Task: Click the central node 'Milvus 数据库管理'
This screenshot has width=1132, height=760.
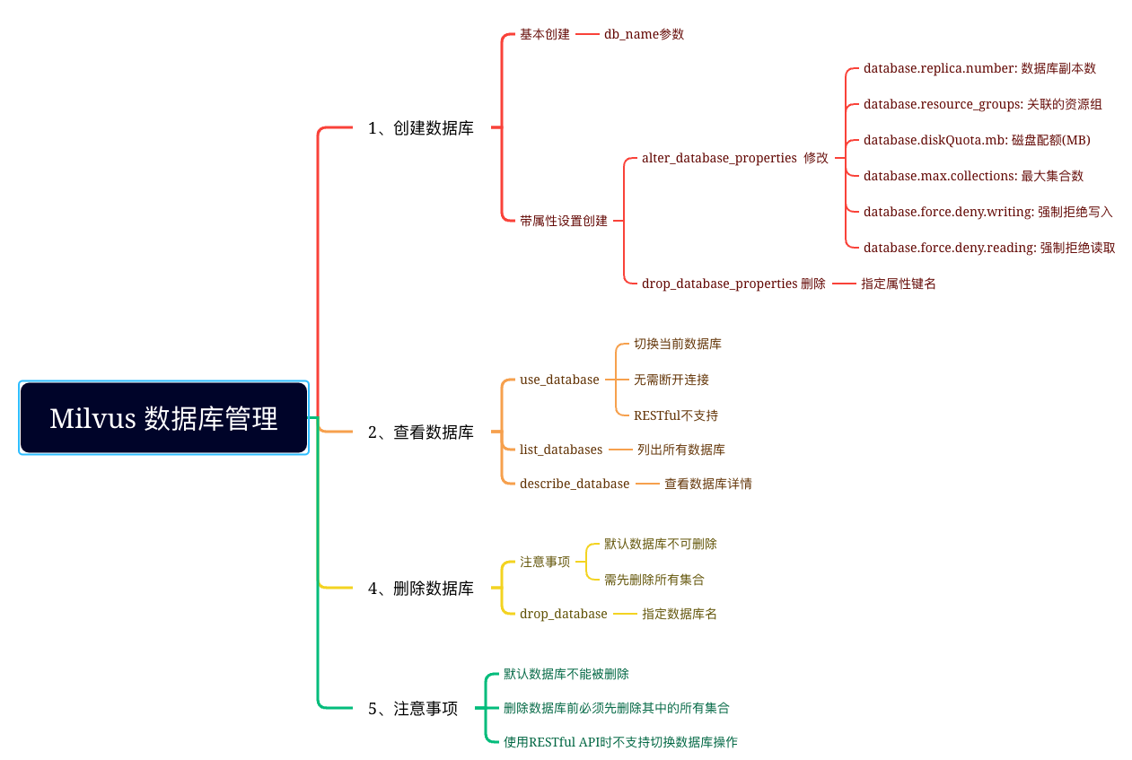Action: coord(163,418)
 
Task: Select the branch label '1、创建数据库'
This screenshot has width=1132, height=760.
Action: coord(421,128)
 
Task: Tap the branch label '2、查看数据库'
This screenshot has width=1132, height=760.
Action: coord(421,432)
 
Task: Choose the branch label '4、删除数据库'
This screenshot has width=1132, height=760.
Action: coord(421,589)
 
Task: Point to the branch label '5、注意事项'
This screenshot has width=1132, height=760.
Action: coord(413,709)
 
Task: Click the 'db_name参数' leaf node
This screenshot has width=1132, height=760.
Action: coord(644,34)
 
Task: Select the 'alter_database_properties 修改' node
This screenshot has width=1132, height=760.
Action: coord(735,158)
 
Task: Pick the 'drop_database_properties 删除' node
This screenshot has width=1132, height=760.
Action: coord(733,284)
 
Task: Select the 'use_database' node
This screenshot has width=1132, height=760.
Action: coord(559,380)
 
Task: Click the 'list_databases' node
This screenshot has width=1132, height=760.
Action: coord(561,450)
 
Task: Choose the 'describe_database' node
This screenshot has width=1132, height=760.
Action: coord(575,484)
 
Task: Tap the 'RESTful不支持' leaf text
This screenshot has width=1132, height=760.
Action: coord(676,415)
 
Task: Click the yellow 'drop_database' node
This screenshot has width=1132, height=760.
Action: coord(564,614)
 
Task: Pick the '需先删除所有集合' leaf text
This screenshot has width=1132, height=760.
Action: coord(654,580)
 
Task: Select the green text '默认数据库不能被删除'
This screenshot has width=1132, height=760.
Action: coord(566,674)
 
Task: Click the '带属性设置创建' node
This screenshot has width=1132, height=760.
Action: coord(564,221)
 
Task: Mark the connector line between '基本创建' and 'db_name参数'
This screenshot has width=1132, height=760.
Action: coord(587,34)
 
